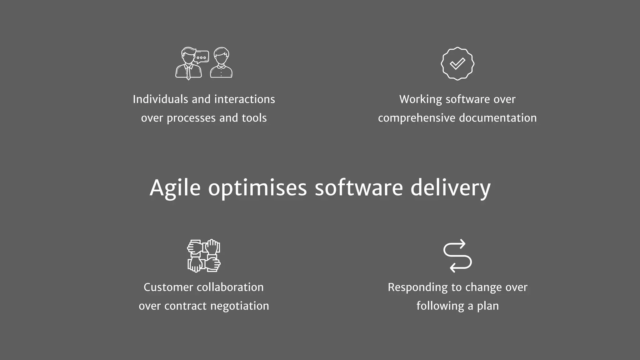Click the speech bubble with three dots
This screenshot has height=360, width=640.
pos(201,57)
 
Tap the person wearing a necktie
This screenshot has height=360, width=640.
pos(188,64)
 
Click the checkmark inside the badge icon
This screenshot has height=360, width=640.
pos(457,64)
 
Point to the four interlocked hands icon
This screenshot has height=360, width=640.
pos(204,256)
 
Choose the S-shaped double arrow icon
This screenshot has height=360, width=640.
pos(457,256)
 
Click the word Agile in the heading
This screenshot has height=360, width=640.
pos(175,188)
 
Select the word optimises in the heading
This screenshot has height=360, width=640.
pos(257,188)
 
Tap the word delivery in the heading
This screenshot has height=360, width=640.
pos(450,188)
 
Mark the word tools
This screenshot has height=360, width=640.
pos(254,118)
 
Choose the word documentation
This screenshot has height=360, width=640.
pos(498,118)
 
